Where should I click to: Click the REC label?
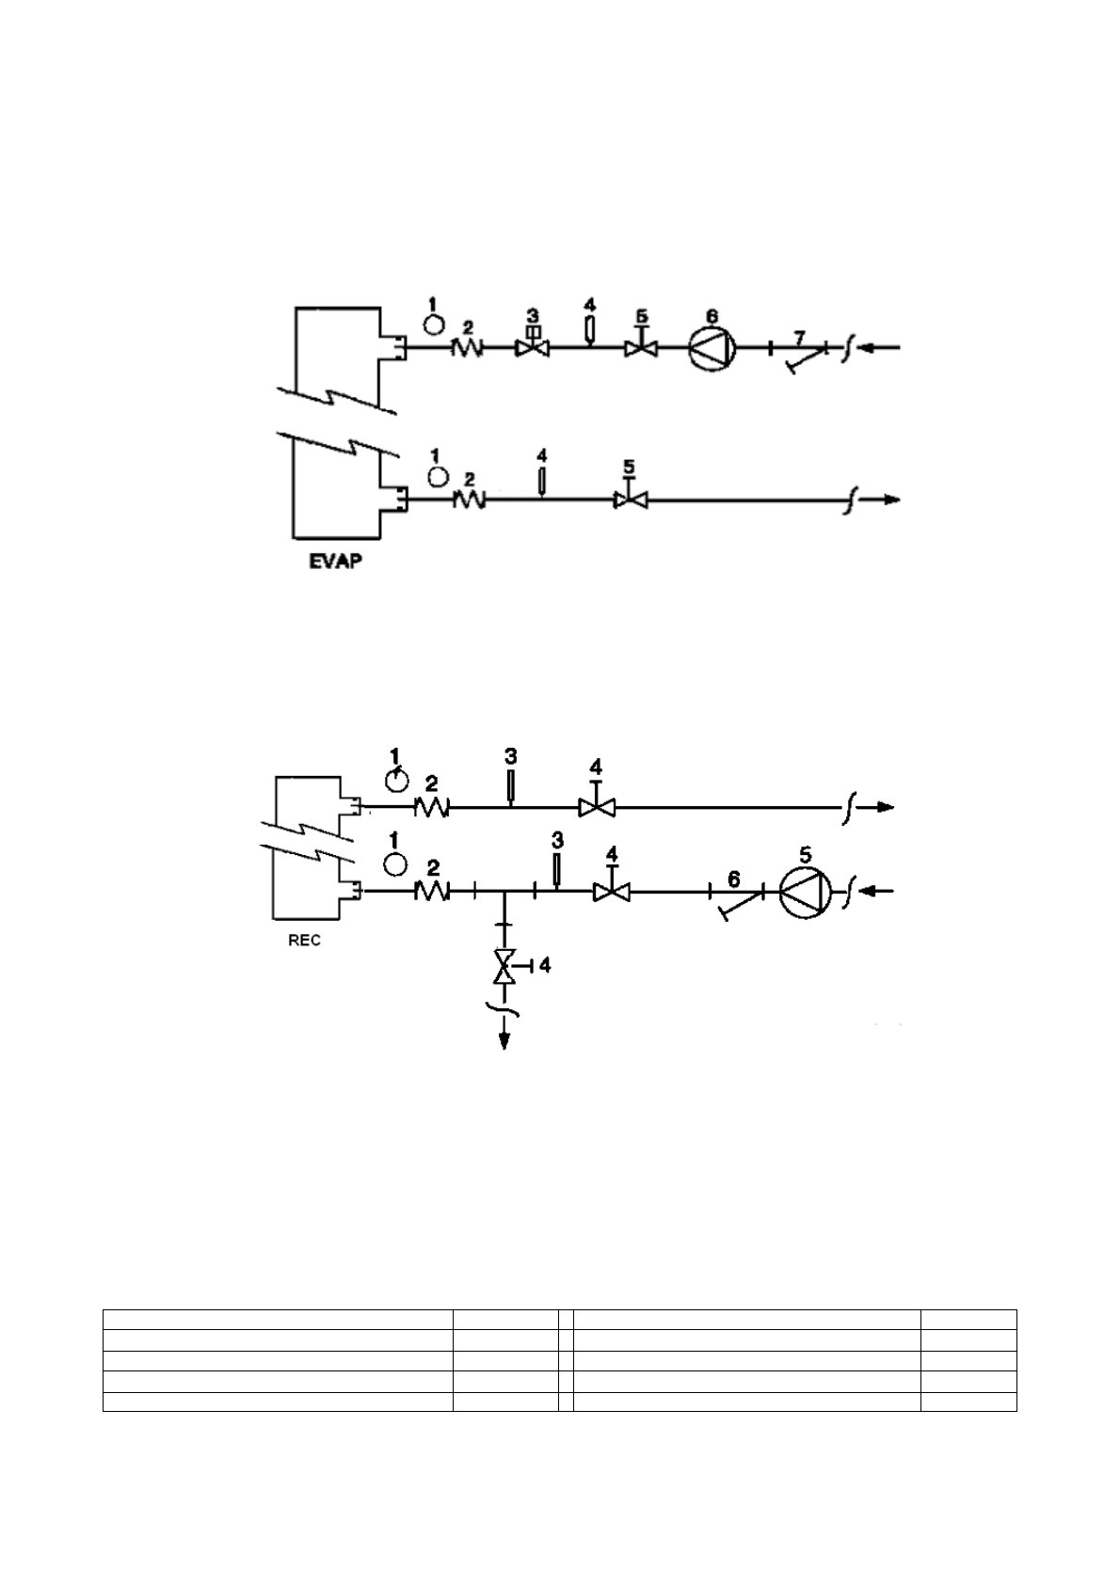(x=304, y=940)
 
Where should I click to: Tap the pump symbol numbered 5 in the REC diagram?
(x=807, y=891)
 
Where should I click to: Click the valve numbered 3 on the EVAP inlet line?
(x=533, y=346)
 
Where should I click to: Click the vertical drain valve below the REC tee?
(x=505, y=967)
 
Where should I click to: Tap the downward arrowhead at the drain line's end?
(x=505, y=1039)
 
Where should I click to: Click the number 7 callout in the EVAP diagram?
(x=799, y=336)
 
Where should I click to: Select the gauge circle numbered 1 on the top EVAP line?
(x=433, y=324)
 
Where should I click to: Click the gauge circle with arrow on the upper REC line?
(x=397, y=780)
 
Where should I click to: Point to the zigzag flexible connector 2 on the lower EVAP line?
(x=470, y=500)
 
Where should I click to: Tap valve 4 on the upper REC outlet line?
(x=596, y=805)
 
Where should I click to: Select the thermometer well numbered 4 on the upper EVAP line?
(x=589, y=330)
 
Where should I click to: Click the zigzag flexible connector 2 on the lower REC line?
(x=431, y=892)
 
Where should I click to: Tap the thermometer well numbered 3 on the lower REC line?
(x=556, y=870)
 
